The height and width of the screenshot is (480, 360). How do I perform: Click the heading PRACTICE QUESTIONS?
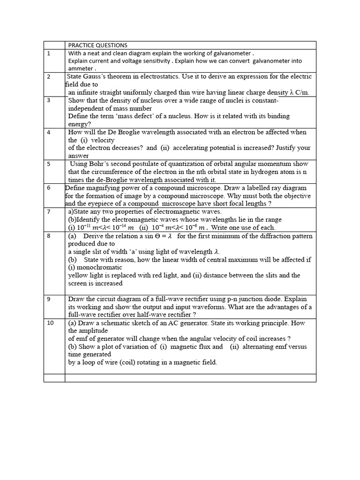click(x=97, y=45)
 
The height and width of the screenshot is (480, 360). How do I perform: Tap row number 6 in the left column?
click(x=48, y=187)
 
